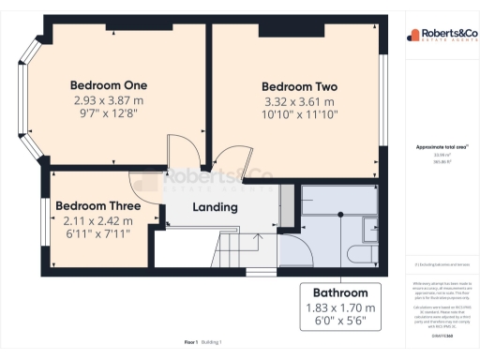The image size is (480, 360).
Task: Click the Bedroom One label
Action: (x=110, y=84)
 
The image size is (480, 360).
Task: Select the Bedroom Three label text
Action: (x=97, y=206)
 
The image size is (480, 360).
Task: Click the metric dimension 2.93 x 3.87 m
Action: (x=110, y=99)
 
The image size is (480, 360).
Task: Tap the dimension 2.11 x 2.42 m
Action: (x=97, y=221)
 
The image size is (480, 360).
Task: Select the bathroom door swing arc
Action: (x=292, y=249)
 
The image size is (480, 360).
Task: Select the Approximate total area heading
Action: (x=441, y=147)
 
